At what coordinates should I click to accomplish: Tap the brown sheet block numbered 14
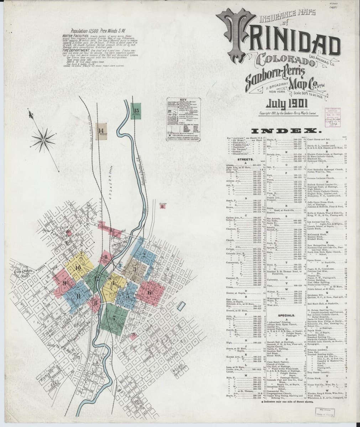pos(102,130)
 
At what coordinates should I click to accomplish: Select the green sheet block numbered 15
pos(136,111)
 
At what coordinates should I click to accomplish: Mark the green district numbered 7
pos(115,318)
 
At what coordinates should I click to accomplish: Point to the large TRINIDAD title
pos(281,43)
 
